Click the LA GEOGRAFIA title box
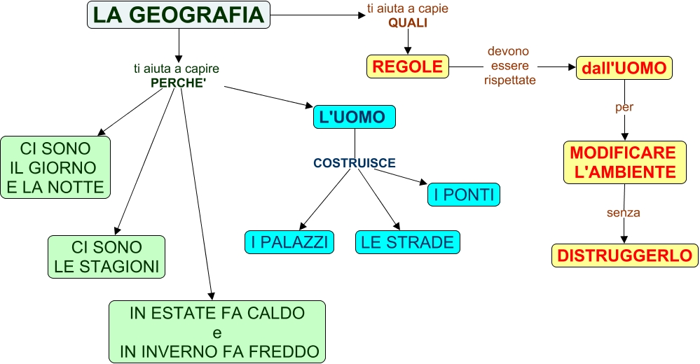179,15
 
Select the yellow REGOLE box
407,66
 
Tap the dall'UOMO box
624,68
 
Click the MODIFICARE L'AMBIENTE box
622,162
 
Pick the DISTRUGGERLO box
624,255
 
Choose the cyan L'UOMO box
354,117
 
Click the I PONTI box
463,195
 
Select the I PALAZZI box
289,242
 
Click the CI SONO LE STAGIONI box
107,257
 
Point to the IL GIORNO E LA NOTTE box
55,168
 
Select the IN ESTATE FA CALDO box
217,332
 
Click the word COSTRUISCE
354,163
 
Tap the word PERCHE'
178,82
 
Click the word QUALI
408,22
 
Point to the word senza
624,212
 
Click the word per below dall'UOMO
624,108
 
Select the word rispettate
509,80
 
